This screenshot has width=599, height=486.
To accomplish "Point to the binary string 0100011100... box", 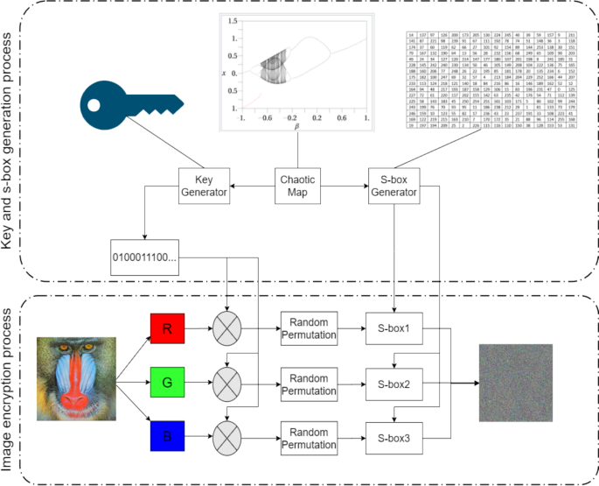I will click(x=146, y=257).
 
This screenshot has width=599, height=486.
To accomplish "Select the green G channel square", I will click(x=166, y=382).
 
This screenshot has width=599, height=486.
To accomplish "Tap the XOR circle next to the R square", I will click(x=229, y=331).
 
